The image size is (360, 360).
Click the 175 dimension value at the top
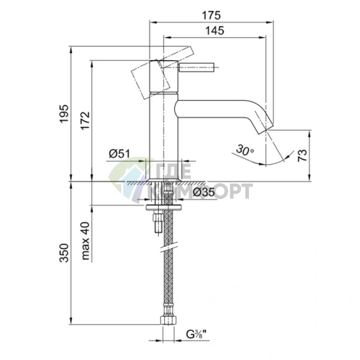pyautogui.click(x=211, y=15)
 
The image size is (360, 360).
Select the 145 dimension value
pyautogui.click(x=215, y=30)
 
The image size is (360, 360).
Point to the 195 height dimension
pyautogui.click(x=64, y=114)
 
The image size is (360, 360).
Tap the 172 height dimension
pyautogui.click(x=85, y=120)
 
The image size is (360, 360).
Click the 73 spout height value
pyautogui.click(x=302, y=155)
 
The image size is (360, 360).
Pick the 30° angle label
pyautogui.click(x=245, y=150)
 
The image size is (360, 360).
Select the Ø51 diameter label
pyautogui.click(x=119, y=153)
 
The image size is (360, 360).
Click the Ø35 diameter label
pyautogui.click(x=204, y=192)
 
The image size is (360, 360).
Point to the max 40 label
pyautogui.click(x=85, y=241)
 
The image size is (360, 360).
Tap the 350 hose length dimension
pyautogui.click(x=64, y=253)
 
